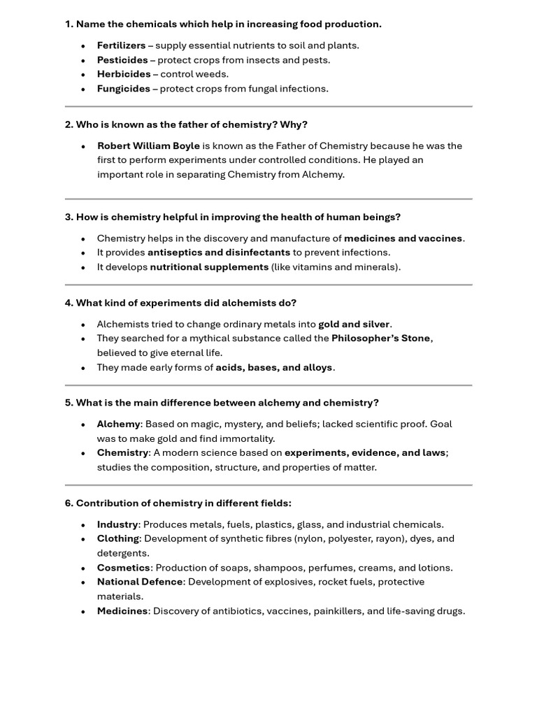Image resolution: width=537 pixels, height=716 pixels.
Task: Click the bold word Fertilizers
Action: coord(122,45)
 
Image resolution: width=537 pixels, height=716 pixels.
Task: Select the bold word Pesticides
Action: coord(122,60)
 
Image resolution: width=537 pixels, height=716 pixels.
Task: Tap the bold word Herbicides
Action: coord(124,74)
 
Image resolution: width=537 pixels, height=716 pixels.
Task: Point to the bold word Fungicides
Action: coord(124,89)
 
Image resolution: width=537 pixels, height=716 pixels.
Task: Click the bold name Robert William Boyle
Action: coord(148,146)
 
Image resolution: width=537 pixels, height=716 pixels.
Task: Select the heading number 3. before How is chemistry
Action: coord(69,217)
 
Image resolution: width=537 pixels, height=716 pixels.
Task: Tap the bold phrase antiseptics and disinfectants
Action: coord(218,252)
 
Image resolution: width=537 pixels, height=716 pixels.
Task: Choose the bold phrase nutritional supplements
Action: coord(209,267)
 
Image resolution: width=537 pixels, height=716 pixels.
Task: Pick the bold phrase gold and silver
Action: coord(354,324)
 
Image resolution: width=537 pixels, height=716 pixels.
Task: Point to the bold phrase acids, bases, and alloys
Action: coord(274,367)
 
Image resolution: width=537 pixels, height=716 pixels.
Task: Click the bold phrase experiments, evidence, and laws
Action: coord(364,452)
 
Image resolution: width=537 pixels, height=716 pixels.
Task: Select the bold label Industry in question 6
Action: coord(117,524)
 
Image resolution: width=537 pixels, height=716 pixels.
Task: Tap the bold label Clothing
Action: coord(117,538)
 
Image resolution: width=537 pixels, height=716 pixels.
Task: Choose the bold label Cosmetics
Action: coord(123,568)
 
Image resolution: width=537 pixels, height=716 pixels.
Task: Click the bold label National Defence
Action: coord(140,582)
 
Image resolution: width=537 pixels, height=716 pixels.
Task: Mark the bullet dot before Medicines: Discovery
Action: coord(83,611)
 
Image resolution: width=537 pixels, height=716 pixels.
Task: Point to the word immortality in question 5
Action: coord(248,438)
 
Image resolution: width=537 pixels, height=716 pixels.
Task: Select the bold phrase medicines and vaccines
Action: coord(403,238)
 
